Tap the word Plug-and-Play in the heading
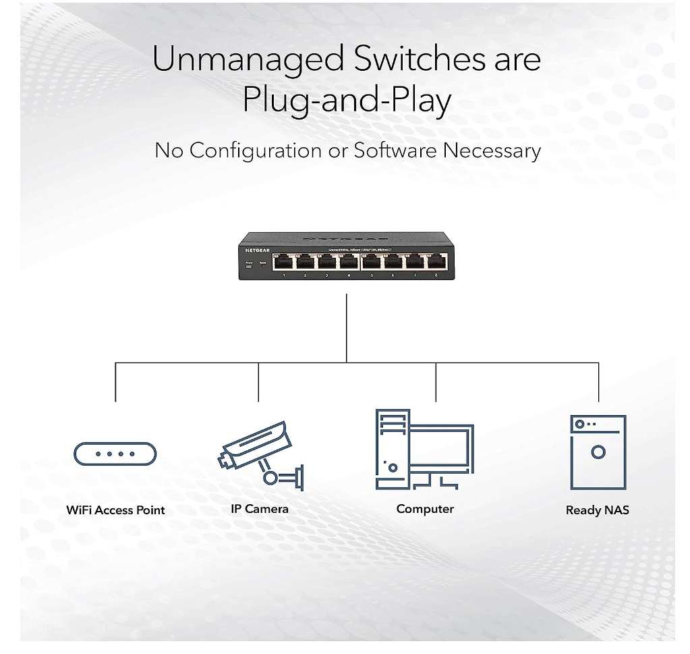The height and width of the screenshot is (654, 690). tap(347, 101)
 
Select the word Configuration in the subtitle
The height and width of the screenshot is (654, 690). tap(257, 150)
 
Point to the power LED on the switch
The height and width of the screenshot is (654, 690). tap(249, 266)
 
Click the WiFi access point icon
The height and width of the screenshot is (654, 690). tap(115, 454)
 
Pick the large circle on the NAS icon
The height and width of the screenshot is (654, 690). tap(598, 452)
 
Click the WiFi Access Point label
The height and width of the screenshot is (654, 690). tap(115, 510)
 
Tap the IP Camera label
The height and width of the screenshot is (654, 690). tap(260, 509)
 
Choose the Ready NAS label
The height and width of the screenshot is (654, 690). tap(598, 510)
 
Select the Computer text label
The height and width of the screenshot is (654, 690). tap(425, 509)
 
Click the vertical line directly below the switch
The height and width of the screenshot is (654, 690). tap(346, 327)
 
